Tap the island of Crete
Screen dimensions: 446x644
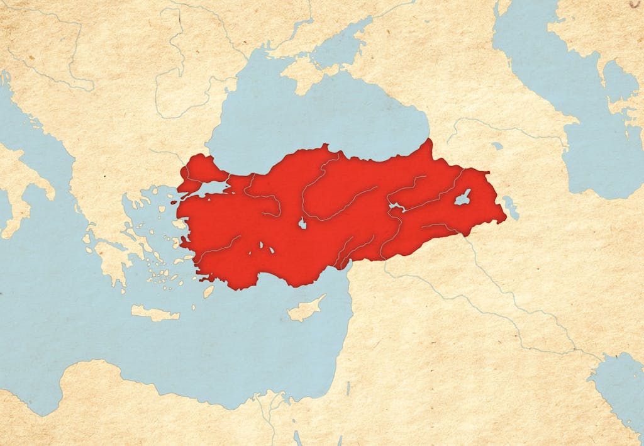click(x=155, y=313)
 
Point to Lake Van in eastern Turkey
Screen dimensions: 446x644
click(x=463, y=198)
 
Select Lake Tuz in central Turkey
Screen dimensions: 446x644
click(x=303, y=223)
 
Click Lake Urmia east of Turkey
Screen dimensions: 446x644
click(x=510, y=208)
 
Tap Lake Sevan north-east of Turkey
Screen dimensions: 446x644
click(x=497, y=146)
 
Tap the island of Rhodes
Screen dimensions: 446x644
click(x=208, y=291)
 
